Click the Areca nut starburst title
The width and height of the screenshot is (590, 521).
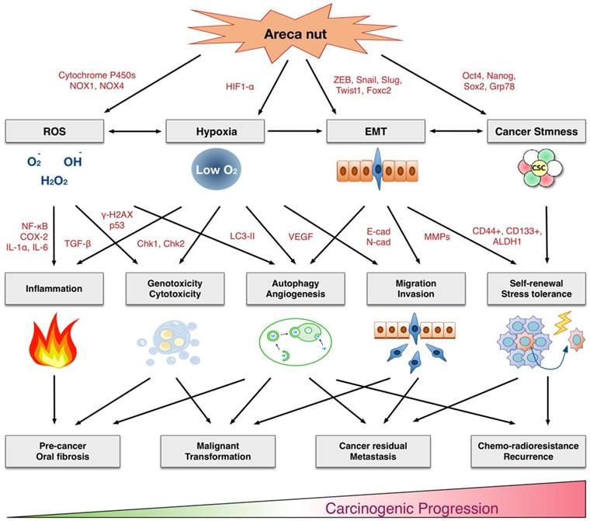(x=295, y=34)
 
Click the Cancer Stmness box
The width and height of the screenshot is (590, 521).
(x=533, y=132)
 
